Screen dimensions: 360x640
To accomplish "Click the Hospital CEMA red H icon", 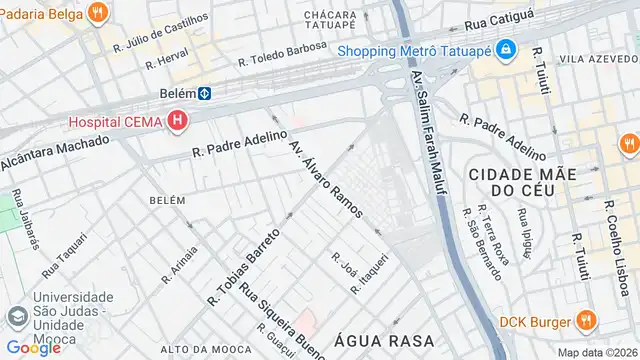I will pos(178,122).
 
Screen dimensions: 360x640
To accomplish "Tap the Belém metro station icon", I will pos(203,94).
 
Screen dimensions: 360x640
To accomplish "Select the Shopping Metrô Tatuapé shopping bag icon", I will pos(507,49).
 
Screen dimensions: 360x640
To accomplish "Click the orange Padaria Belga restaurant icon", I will pos(97,13).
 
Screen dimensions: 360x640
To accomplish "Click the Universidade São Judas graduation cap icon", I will pos(15,318).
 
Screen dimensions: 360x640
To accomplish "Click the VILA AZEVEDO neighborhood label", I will pos(598,59).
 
